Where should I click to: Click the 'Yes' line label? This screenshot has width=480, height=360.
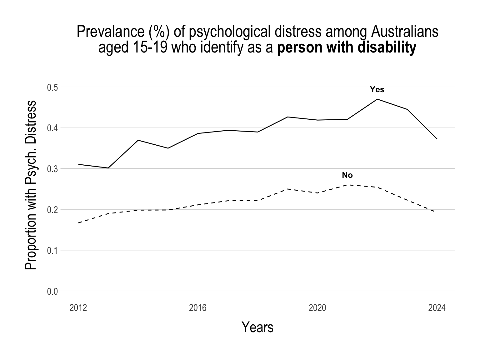coord(377,90)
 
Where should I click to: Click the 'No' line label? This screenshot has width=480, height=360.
coord(347,175)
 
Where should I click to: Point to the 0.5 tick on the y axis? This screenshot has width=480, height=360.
coord(52,87)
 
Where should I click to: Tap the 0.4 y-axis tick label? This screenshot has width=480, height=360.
coord(52,128)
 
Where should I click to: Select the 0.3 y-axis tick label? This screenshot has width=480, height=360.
coord(52,169)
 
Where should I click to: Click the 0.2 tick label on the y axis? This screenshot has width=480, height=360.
coord(52,210)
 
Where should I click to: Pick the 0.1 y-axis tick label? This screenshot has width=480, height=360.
coord(52,251)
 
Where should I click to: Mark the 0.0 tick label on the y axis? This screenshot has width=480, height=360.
coord(52,292)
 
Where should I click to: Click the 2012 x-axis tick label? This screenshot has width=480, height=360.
coord(78,308)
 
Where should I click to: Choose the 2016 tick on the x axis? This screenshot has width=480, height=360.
coord(198,308)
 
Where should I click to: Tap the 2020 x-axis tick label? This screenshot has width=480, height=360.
coord(317,308)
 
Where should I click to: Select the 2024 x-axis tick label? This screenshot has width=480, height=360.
coord(437,308)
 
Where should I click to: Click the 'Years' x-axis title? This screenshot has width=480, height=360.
coord(257,327)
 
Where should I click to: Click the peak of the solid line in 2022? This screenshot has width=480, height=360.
coord(377,99)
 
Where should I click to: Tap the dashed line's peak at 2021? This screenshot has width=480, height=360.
coord(347,185)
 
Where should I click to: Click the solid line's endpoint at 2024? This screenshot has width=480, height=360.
coord(437,139)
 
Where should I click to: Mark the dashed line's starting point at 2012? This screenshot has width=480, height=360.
coord(78,223)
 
